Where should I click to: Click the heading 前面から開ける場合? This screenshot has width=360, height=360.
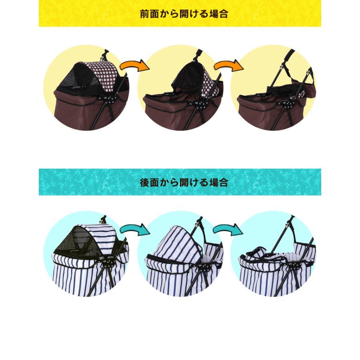point(184,14)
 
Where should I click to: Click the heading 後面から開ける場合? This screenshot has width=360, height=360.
point(184,182)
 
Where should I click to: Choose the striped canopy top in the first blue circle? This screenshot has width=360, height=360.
point(101,234)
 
